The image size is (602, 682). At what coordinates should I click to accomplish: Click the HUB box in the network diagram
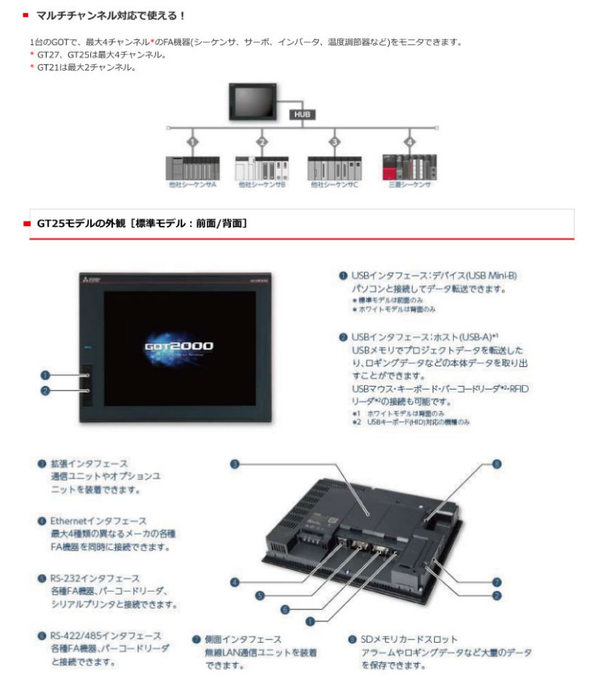pyautogui.click(x=303, y=114)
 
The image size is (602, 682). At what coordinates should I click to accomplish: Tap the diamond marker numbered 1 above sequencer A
pyautogui.click(x=193, y=142)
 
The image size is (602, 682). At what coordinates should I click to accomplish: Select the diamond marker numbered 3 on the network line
pyautogui.click(x=334, y=142)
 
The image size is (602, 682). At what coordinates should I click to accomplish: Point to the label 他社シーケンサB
pyautogui.click(x=261, y=184)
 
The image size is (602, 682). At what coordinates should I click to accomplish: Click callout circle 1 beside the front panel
pyautogui.click(x=45, y=375)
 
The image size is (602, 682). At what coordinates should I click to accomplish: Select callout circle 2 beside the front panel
pyautogui.click(x=45, y=390)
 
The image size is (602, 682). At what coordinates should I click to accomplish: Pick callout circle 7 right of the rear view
pyautogui.click(x=497, y=582)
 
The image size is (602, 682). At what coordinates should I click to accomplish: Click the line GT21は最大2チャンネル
pyautogui.click(x=87, y=67)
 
